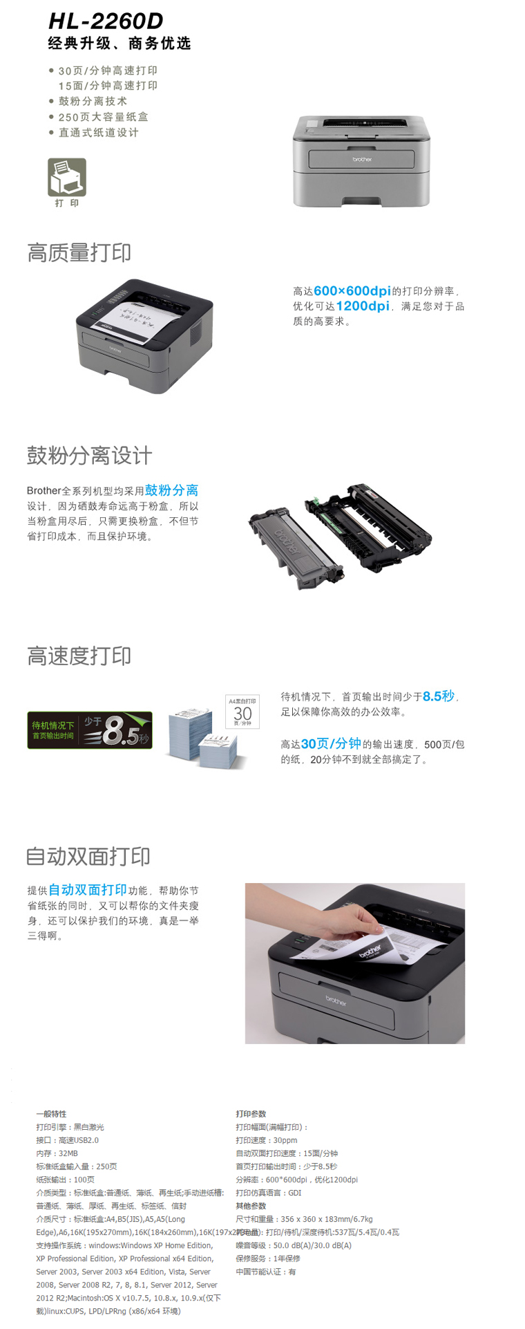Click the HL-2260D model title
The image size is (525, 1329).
[106, 21]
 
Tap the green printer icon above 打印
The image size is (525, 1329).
[67, 177]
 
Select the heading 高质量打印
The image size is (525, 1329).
[79, 252]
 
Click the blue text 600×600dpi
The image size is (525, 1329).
[352, 291]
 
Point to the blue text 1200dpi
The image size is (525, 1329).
[363, 306]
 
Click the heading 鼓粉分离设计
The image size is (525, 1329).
[89, 456]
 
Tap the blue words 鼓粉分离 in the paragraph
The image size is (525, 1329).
[171, 490]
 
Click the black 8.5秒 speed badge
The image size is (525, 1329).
[90, 730]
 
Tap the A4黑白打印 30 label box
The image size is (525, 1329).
[242, 712]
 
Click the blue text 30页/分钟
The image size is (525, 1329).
[331, 743]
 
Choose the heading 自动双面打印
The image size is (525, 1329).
[88, 857]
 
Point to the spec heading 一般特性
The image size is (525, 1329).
[51, 1113]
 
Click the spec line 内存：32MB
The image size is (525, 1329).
[57, 1153]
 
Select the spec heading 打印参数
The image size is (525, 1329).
[251, 1113]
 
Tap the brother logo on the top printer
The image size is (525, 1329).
[362, 159]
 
